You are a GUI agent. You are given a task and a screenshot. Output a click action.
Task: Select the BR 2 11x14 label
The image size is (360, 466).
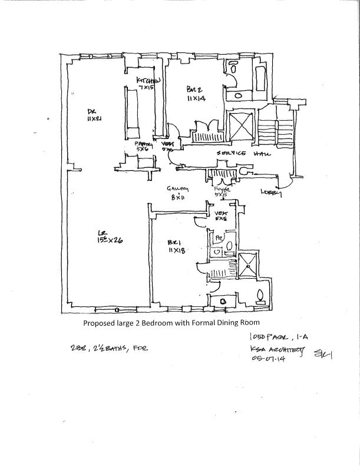click(195, 94)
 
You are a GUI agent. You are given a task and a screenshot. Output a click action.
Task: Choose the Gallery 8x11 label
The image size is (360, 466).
click(176, 193)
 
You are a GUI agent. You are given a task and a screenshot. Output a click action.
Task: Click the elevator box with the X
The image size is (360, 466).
click(241, 126)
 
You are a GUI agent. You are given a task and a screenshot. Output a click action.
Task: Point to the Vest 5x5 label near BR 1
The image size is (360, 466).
click(222, 216)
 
